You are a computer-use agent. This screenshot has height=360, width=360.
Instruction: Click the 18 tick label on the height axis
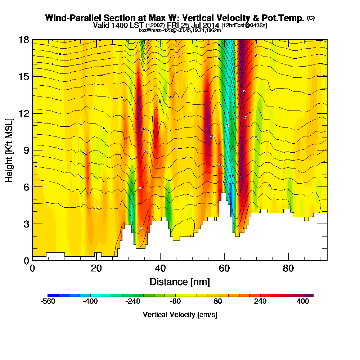pyautogui.click(x=24, y=40)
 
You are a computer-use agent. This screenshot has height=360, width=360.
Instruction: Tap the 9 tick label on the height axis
pyautogui.click(x=26, y=150)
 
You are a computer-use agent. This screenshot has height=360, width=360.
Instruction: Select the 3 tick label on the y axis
pyautogui.click(x=26, y=224)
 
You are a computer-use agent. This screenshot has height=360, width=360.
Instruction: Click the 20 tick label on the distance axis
pyautogui.click(x=96, y=269)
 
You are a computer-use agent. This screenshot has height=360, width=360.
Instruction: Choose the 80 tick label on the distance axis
pyautogui.click(x=288, y=269)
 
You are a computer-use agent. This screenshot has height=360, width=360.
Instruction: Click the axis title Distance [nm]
pyautogui.click(x=180, y=282)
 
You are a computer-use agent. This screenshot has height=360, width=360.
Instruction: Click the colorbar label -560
pyautogui.click(x=48, y=302)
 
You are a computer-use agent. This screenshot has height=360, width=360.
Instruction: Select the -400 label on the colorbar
pyautogui.click(x=90, y=302)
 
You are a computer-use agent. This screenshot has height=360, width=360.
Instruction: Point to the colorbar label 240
pyautogui.click(x=260, y=302)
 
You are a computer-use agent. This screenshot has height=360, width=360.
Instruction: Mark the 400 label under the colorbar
pyautogui.click(x=303, y=302)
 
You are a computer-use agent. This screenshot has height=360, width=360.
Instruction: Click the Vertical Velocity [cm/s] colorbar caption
pyautogui.click(x=180, y=315)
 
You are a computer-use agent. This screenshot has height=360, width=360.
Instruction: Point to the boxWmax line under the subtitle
pyautogui.click(x=180, y=30)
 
